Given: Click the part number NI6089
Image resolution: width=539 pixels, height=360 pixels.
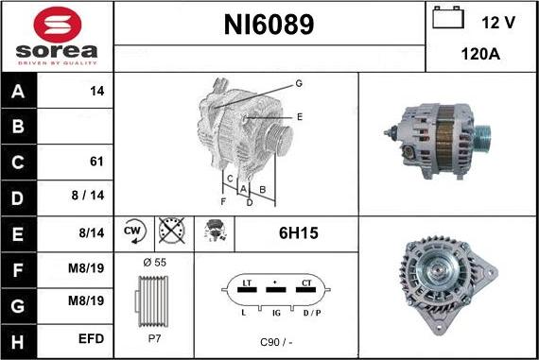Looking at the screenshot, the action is tap(269, 25).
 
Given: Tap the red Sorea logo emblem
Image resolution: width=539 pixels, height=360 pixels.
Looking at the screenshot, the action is tap(58, 25).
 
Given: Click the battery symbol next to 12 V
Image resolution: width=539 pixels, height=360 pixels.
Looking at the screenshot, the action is tap(448, 18).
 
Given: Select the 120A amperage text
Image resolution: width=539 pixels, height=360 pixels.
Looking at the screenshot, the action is tap(480, 54).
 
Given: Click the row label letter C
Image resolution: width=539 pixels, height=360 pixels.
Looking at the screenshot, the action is tap(18, 163).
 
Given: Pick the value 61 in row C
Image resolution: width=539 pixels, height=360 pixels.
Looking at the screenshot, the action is tap(96, 162).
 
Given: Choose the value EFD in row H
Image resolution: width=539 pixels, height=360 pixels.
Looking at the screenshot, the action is tap(91, 338).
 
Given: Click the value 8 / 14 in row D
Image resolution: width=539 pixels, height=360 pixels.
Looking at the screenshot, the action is tap(88, 195).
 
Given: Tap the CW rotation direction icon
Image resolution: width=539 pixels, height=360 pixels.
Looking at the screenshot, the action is tap(134, 231).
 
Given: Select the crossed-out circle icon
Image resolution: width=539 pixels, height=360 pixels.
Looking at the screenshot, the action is tap(172, 230).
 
